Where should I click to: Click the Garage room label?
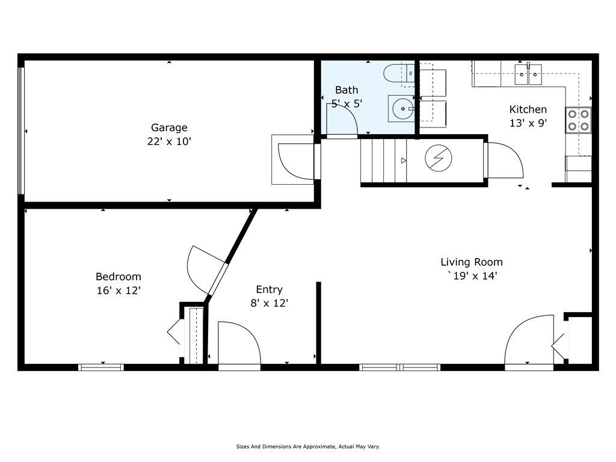point(169,128)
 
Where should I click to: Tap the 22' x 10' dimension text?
point(169,141)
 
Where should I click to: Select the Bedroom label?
point(119,277)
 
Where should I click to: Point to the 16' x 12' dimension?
point(119,291)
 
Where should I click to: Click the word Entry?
point(269,290)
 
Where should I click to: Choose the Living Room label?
point(472,262)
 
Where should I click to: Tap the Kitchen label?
point(528,109)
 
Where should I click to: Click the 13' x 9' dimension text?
point(528,123)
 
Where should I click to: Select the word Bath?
point(346,90)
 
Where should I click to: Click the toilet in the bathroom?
point(399,73)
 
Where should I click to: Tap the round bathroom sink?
point(401,108)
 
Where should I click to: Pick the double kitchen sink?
point(528,74)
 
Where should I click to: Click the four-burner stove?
point(578,120)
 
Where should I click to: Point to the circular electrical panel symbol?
point(439,158)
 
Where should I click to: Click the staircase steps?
point(383,161)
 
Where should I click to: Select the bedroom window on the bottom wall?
point(101,368)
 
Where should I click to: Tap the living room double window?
point(399,368)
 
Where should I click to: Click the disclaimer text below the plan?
point(308,447)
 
